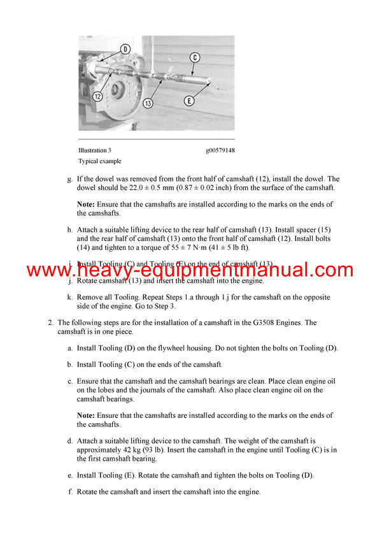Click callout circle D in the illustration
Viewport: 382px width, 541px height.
click(125, 48)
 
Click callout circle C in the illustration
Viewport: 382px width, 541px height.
click(195, 57)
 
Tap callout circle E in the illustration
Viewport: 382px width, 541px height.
click(190, 100)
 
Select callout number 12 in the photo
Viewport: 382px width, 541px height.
click(97, 96)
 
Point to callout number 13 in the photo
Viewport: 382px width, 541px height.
click(148, 103)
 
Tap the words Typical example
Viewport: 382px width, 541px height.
click(100, 161)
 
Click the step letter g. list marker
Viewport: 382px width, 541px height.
click(70, 179)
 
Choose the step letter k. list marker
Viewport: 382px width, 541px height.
click(70, 297)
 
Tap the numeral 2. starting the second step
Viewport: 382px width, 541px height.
click(51, 322)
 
